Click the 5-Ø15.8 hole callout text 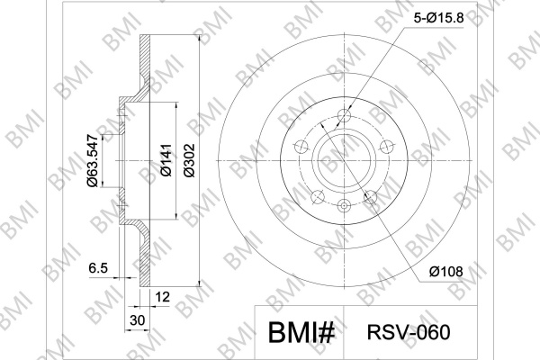pos(439,18)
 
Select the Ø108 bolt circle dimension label pos(446,272)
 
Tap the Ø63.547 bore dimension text pos(94,160)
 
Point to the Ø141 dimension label pos(166,160)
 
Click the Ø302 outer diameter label pos(189,160)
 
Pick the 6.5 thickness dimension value pos(98,268)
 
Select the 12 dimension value pos(163,297)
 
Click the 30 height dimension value pos(137,320)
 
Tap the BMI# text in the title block pos(301,333)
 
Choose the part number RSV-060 pos(409,332)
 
